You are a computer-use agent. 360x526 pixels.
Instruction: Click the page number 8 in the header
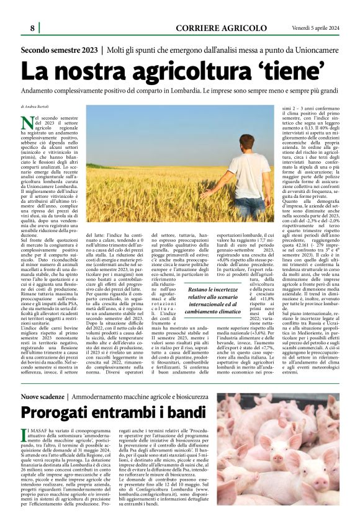click(32, 28)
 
